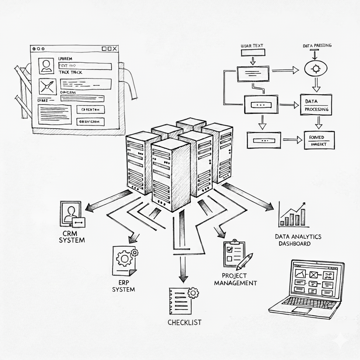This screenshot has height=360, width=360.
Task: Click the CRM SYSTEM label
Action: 72,237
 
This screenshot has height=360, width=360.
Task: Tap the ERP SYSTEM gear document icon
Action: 124,260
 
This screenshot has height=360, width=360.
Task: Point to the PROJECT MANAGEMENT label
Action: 235,279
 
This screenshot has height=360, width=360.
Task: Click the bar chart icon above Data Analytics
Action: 292,215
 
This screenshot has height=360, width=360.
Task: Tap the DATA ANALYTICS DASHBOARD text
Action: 298,240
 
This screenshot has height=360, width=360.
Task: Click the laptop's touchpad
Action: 302,310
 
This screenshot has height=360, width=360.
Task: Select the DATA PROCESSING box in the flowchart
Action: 316,105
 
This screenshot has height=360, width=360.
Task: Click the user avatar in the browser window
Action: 46,66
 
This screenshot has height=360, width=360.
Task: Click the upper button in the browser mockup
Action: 90,110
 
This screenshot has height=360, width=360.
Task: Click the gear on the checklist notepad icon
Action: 193,292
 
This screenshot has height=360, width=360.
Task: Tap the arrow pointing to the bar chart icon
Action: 248,197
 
